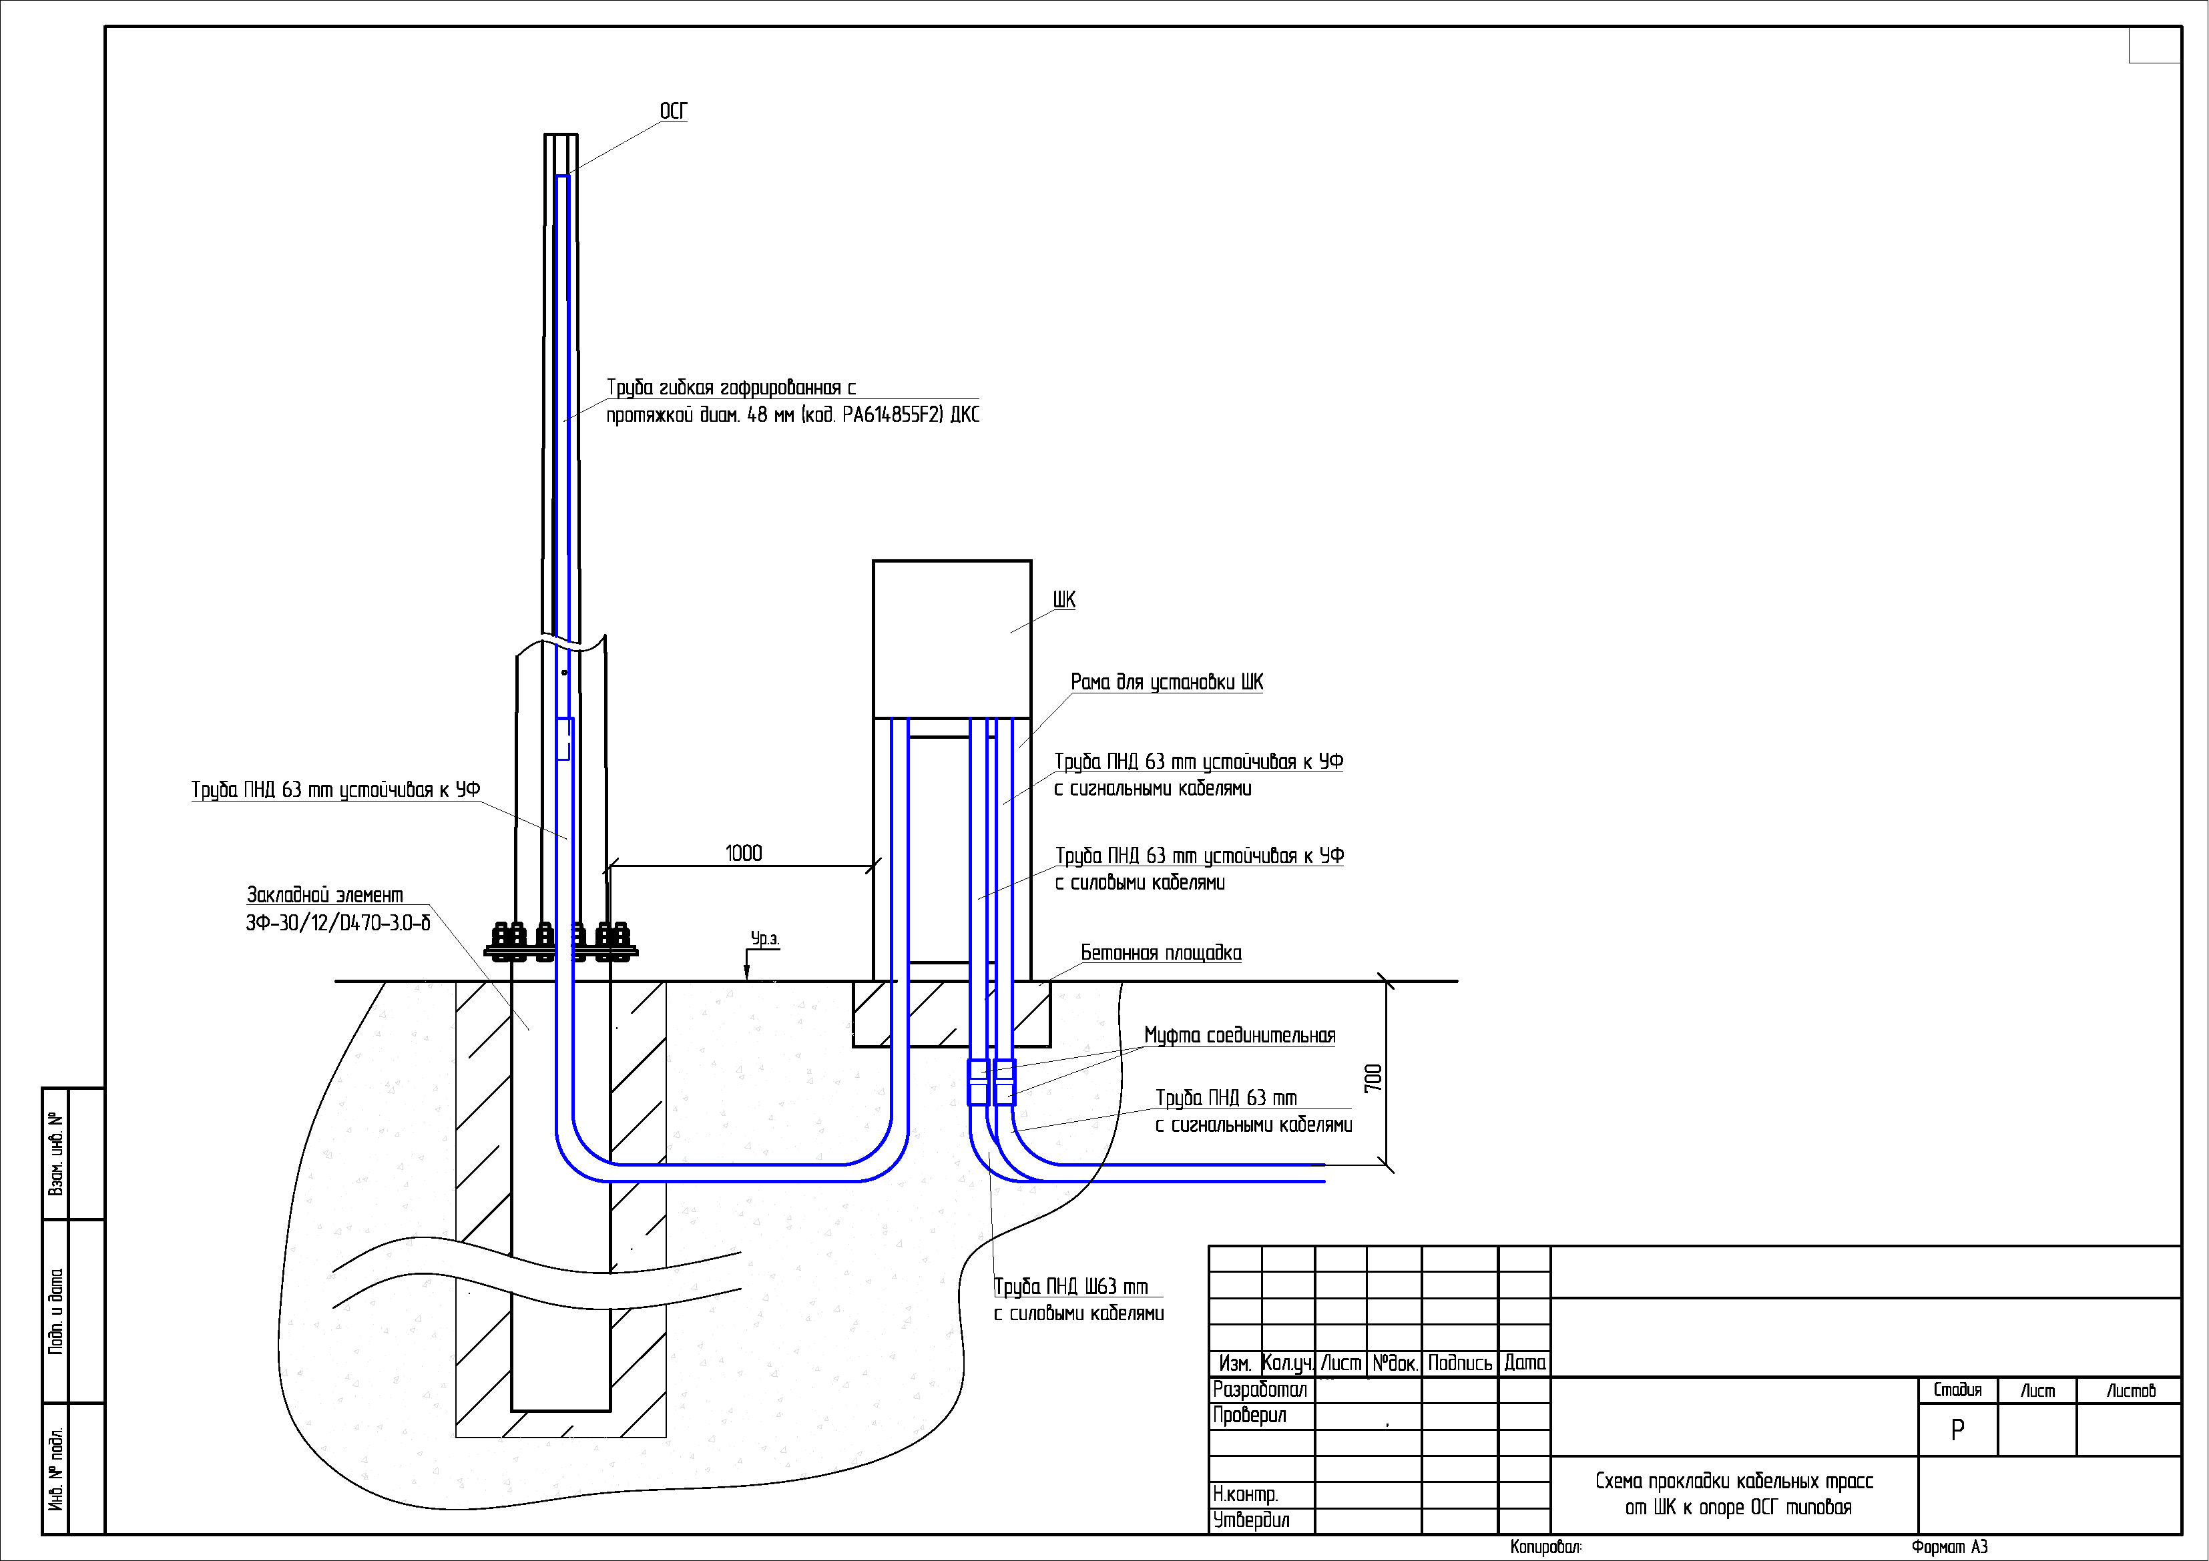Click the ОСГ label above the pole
pyautogui.click(x=674, y=111)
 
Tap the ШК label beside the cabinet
pyautogui.click(x=1064, y=600)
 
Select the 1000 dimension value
pyautogui.click(x=744, y=853)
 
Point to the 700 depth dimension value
pyautogui.click(x=1374, y=1077)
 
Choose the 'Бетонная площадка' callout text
pyautogui.click(x=1162, y=953)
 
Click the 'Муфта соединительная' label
pyautogui.click(x=1239, y=1036)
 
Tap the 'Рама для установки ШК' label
pyautogui.click(x=1167, y=682)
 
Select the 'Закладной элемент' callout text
pyautogui.click(x=325, y=896)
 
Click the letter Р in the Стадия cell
pyautogui.click(x=1957, y=1430)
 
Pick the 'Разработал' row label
pyautogui.click(x=1260, y=1389)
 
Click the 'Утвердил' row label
pyautogui.click(x=1251, y=1520)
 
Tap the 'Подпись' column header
pyautogui.click(x=1459, y=1363)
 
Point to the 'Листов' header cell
pyautogui.click(x=2131, y=1391)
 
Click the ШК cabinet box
pyautogui.click(x=951, y=639)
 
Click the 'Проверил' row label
pyautogui.click(x=1250, y=1416)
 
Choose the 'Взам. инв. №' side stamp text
pyautogui.click(x=57, y=1154)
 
